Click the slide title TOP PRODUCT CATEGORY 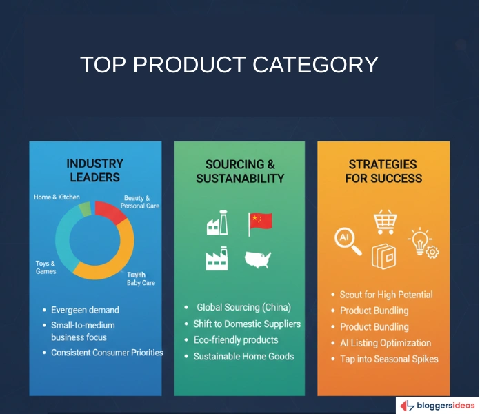[x=229, y=65]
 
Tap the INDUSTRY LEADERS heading [x=94, y=170]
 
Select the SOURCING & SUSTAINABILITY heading [x=239, y=171]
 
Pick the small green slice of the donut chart [x=85, y=208]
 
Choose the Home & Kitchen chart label [x=57, y=197]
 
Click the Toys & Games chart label [x=46, y=267]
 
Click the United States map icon [x=258, y=259]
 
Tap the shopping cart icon [x=384, y=222]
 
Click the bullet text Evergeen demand [x=85, y=310]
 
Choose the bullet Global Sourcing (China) [x=243, y=307]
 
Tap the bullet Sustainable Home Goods [x=243, y=356]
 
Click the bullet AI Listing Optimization [x=385, y=343]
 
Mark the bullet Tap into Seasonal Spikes [x=388, y=359]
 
